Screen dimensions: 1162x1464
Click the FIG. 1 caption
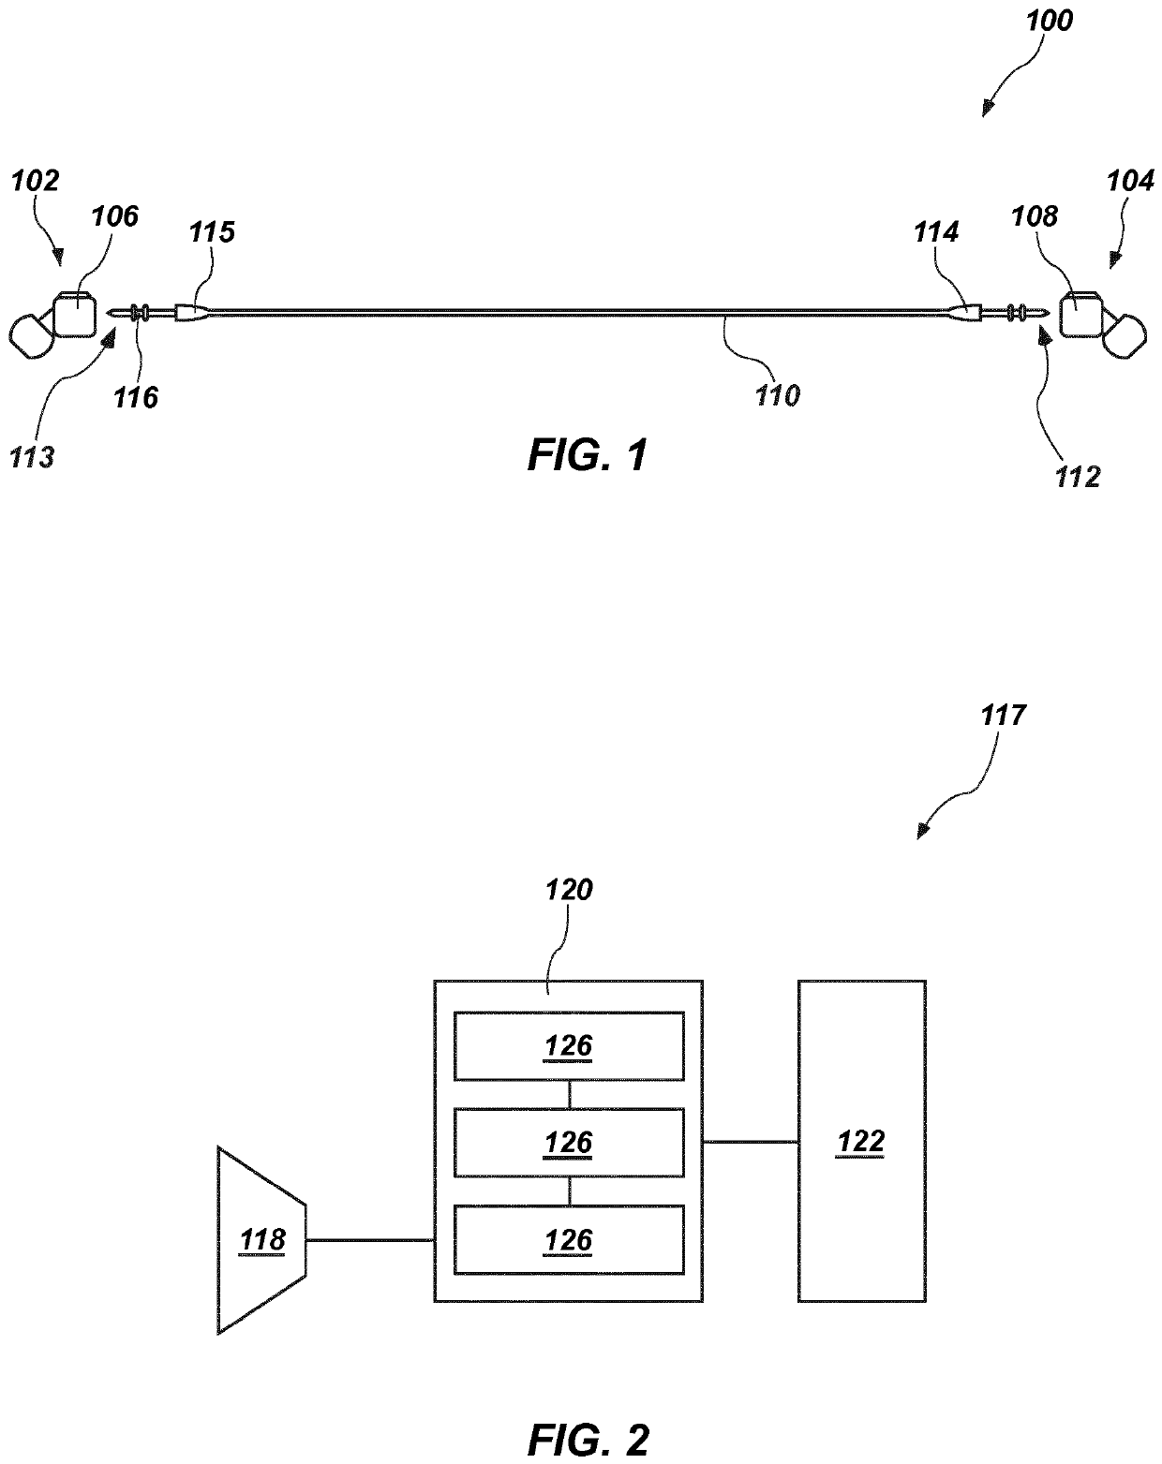(x=588, y=455)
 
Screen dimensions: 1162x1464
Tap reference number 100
(x=1049, y=22)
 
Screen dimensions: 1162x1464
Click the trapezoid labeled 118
(x=262, y=1240)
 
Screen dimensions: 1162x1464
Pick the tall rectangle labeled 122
(x=862, y=1142)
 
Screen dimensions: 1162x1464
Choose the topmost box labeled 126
(x=569, y=1046)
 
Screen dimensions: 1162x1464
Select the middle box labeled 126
(x=569, y=1143)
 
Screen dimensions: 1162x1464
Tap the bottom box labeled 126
(x=569, y=1240)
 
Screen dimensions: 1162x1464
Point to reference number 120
(x=569, y=890)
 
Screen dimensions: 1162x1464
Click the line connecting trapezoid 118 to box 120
(x=370, y=1240)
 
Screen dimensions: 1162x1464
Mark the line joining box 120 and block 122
(x=751, y=1142)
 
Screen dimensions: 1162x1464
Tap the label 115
(x=212, y=232)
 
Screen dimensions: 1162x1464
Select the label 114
(x=936, y=232)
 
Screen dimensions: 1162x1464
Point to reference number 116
(x=136, y=398)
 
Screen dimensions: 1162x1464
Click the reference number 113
(x=31, y=458)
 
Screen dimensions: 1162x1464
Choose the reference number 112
(x=1078, y=477)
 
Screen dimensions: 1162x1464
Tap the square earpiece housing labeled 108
(x=1081, y=315)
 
